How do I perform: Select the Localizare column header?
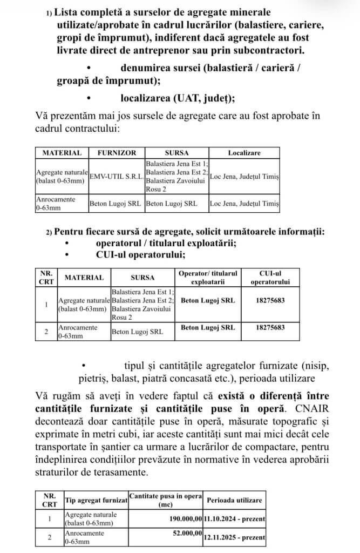244,153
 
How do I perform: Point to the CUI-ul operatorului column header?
270,278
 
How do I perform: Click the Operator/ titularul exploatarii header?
208,278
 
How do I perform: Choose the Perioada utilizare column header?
234,501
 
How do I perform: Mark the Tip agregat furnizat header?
96,501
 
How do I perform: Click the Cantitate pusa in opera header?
165,501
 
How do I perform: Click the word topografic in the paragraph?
291,417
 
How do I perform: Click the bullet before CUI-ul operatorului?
67,255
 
